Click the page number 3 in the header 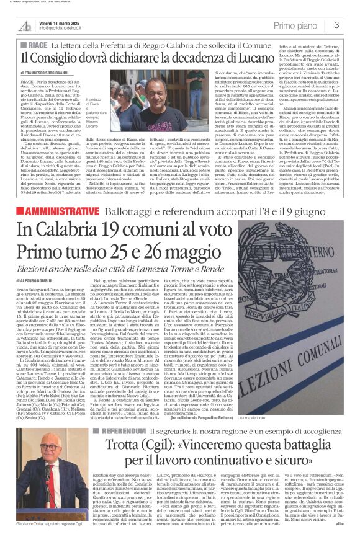[x=336, y=25]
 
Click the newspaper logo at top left [x=24, y=25]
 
